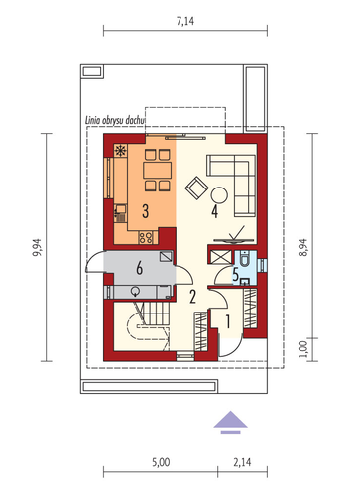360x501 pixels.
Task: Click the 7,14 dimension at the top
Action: tap(185, 22)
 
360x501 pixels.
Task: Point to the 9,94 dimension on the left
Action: tap(38, 247)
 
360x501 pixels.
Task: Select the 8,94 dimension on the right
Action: tap(303, 247)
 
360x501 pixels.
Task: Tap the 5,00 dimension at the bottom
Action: tap(161, 462)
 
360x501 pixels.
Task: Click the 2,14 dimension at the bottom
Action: tap(242, 462)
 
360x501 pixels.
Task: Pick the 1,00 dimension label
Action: tap(303, 349)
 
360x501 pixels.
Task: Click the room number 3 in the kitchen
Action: tap(145, 211)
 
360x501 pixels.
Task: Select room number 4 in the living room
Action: tap(215, 211)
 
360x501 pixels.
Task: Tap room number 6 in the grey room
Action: tap(140, 268)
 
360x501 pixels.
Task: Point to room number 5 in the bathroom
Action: tap(235, 274)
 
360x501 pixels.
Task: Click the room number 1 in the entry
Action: tap(228, 321)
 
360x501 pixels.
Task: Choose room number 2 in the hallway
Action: tap(192, 297)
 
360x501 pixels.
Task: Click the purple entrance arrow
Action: tap(230, 422)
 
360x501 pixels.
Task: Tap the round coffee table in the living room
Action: tap(219, 195)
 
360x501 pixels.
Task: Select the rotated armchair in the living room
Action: tap(196, 188)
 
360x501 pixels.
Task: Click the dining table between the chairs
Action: tap(158, 170)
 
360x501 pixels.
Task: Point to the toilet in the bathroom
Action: tap(245, 259)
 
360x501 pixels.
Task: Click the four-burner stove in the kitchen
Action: tap(146, 237)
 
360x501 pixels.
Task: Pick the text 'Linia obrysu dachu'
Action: tap(115, 120)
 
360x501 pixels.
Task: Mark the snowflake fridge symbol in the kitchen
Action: tap(120, 151)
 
